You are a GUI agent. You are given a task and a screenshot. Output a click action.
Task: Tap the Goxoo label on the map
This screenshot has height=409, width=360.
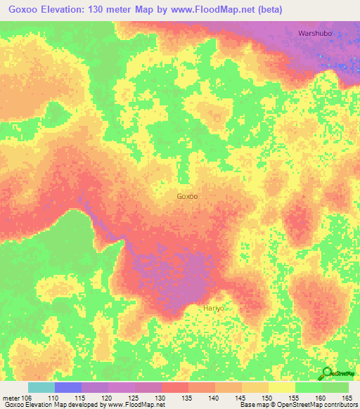[187, 197]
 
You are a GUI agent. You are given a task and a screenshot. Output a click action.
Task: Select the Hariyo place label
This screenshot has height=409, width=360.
[213, 309]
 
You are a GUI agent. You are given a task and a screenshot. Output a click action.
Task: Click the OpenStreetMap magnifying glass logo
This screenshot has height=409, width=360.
[327, 373]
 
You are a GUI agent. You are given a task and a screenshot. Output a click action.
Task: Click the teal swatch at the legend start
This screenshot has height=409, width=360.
[41, 387]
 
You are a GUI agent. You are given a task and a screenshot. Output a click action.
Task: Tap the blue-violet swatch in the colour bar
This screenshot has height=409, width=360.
[67, 387]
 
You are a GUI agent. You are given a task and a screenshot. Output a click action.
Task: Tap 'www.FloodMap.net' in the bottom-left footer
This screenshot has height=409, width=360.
[133, 405]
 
